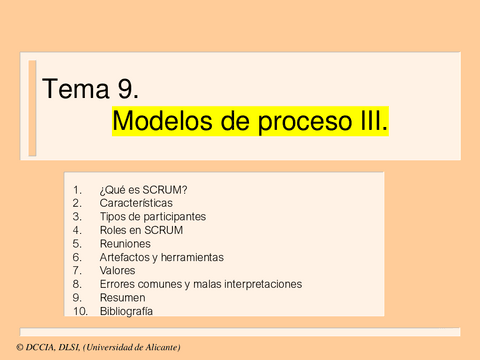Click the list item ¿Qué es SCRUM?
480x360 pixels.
pos(144,188)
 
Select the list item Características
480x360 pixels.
pos(136,202)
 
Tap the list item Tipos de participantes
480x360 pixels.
pos(153,216)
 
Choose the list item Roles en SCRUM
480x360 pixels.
pos(141,229)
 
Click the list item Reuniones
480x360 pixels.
pos(125,243)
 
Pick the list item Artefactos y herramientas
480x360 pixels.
pos(162,257)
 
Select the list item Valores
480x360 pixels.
pos(118,270)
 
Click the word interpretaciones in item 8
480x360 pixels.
pos(262,284)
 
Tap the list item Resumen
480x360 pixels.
pos(122,297)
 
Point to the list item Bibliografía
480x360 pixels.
pos(126,311)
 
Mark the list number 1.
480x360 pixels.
pos(78,188)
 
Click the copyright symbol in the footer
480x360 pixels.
pos(8,347)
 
